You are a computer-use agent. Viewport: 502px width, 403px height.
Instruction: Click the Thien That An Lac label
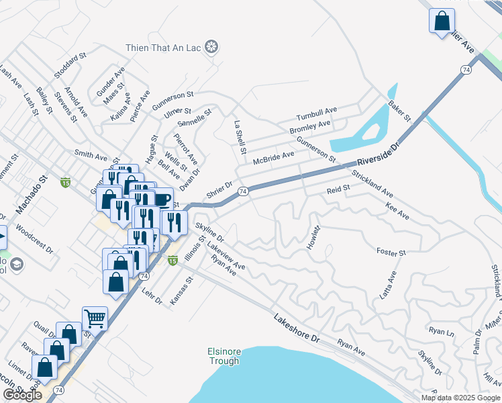point(165,47)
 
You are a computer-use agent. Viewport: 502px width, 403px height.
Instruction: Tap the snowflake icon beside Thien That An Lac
point(212,47)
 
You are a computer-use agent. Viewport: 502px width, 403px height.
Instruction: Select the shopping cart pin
point(95,318)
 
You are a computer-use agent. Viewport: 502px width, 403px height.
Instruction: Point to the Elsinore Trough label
point(223,356)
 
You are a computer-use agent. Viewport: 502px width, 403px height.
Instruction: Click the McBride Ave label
point(273,159)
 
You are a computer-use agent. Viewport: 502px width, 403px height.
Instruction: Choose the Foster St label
point(391,253)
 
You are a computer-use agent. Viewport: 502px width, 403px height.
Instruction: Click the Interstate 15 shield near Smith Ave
point(65,182)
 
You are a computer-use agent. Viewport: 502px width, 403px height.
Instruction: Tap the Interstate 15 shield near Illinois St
point(172,261)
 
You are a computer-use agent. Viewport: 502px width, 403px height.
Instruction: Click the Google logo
point(22,395)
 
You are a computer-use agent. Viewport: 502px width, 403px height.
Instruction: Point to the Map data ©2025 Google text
point(460,398)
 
